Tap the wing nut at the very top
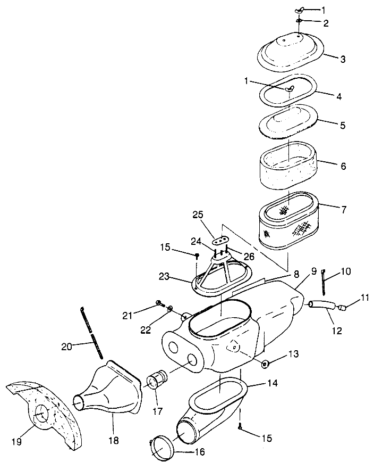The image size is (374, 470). pos(300,11)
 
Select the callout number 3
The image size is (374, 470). pos(343,59)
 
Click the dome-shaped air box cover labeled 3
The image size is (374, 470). pos(291,49)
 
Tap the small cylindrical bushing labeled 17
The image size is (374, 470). pos(157,381)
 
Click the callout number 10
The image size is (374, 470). pos(346,272)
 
